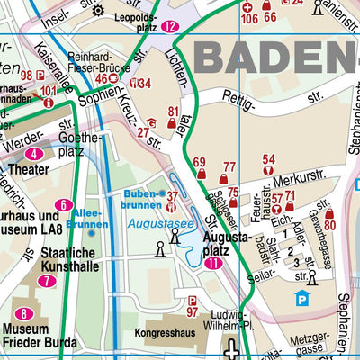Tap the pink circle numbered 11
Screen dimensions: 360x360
tap(212, 264)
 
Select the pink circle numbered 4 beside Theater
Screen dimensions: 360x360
tap(33, 154)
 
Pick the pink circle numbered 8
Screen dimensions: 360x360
tap(25, 314)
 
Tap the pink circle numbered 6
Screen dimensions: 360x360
tap(63, 205)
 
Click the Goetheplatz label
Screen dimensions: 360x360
tap(79, 146)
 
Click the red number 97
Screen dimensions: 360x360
tap(192, 311)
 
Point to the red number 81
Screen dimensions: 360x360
tap(174, 112)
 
